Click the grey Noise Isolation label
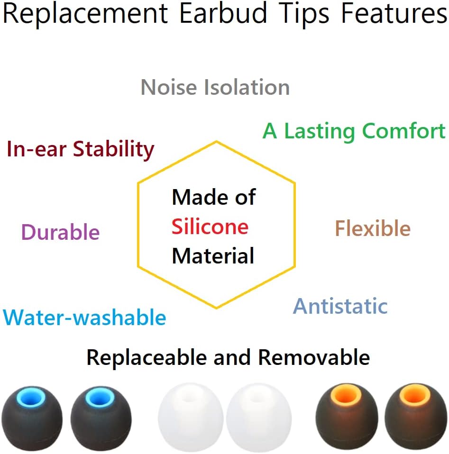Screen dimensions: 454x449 [x=215, y=88]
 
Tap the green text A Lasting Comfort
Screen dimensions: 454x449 [x=354, y=131]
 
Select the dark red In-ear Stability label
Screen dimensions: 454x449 [x=81, y=150]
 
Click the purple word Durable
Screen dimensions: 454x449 [x=61, y=233]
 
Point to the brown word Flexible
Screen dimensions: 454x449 [x=373, y=229]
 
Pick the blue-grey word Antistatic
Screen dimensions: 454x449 [x=340, y=306]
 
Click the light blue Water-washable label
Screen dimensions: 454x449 [x=84, y=318]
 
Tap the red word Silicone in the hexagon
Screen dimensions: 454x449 [x=210, y=227]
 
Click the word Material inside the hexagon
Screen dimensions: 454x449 [x=213, y=256]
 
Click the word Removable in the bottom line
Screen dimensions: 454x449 [x=314, y=357]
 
